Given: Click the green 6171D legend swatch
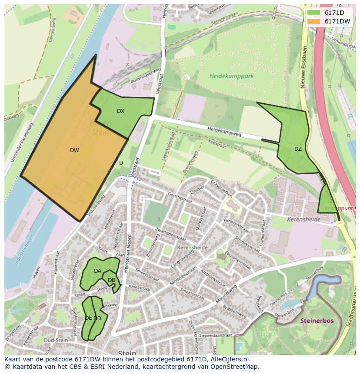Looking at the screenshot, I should click(313, 13).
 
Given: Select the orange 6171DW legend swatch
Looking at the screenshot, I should click(313, 21).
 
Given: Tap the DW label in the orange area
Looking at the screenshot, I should click(74, 150).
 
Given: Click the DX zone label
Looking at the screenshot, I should click(120, 111).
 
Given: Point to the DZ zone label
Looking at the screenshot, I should click(298, 149).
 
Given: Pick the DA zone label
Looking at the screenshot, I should click(97, 271).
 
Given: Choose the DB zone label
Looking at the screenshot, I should click(111, 280).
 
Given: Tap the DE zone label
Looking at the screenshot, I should click(88, 318).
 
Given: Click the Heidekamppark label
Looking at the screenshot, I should click(231, 76).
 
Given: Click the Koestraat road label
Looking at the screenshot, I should click(217, 144).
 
